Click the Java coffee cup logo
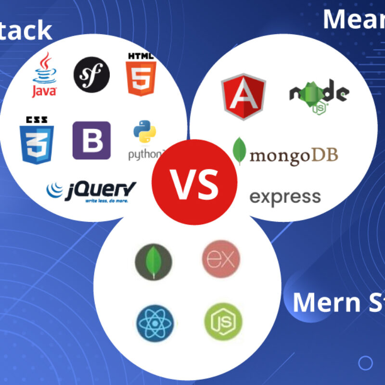[x=44, y=75]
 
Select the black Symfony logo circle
[x=91, y=75]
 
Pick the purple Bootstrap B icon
[x=91, y=140]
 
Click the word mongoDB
[x=294, y=155]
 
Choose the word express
[x=285, y=197]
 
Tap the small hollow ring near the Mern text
[x=366, y=361]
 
